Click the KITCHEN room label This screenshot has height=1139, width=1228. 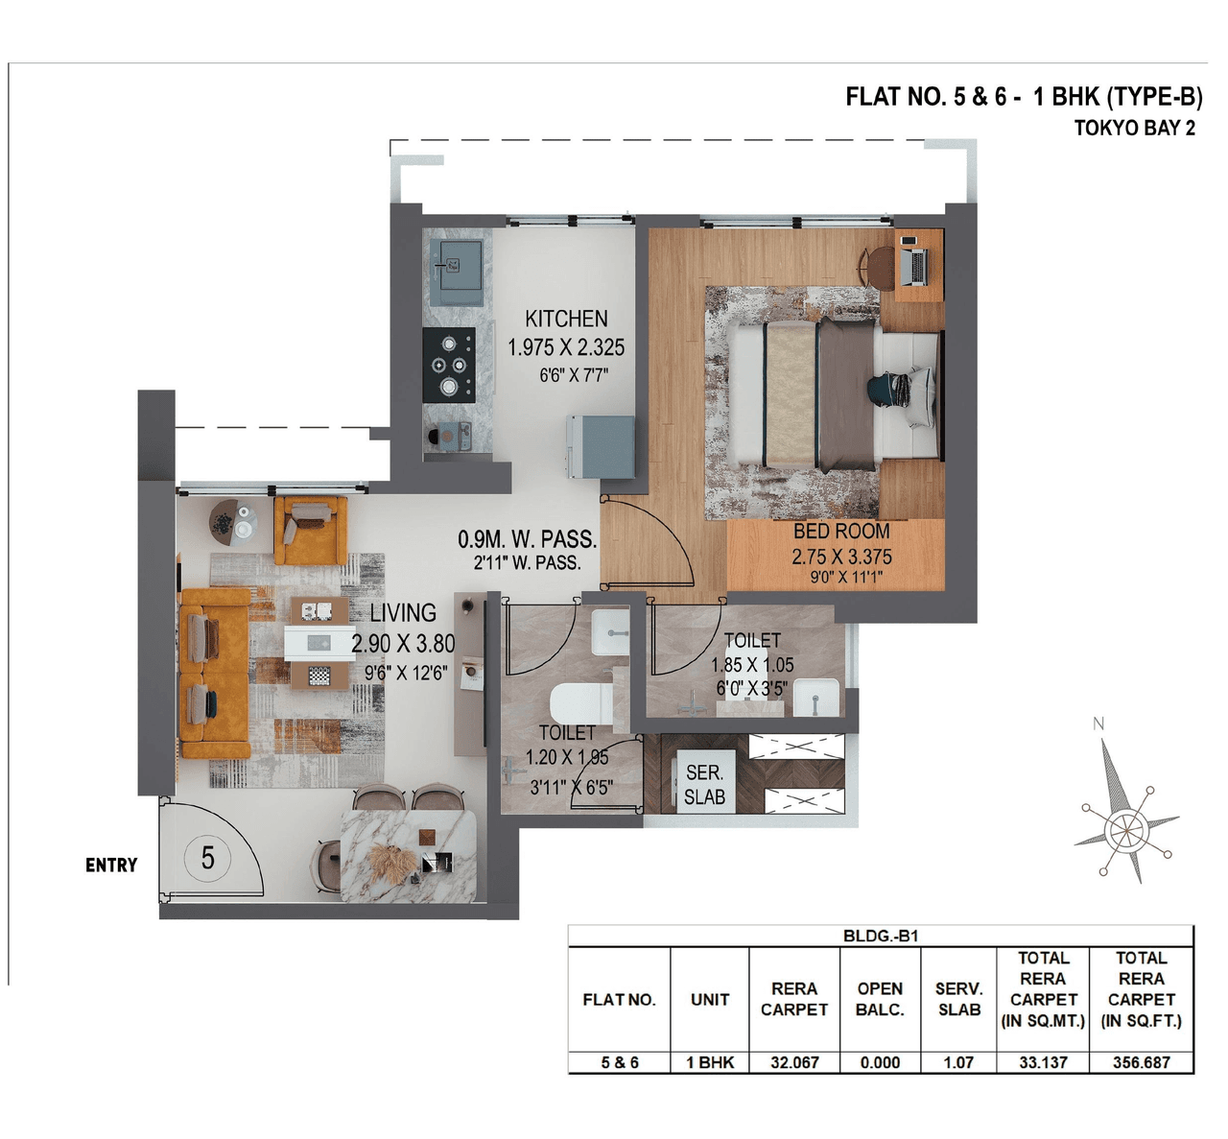566,319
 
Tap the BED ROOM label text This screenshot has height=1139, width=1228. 841,531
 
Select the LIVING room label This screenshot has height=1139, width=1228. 403,612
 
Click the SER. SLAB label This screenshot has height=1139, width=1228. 704,785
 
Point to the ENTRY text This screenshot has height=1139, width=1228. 111,866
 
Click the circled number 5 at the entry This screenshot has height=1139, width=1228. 207,857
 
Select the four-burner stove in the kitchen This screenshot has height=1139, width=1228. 449,365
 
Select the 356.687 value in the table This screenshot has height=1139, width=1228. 1141,1062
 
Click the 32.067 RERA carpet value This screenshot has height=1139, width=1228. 794,1062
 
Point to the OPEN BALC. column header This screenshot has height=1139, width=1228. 880,999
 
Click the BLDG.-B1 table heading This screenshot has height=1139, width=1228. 881,936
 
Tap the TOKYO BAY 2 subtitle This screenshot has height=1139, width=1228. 1134,129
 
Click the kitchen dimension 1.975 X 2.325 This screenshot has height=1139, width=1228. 566,347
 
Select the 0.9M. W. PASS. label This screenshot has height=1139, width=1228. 527,539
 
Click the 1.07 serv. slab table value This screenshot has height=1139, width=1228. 958,1062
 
